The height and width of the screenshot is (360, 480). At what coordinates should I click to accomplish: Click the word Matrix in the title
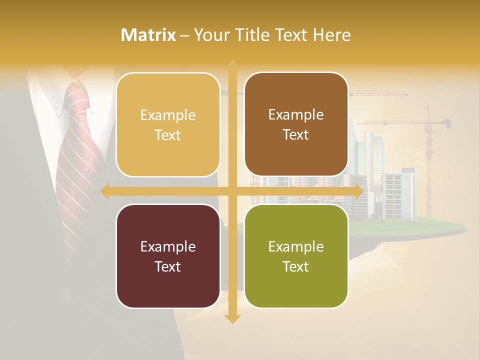(148, 34)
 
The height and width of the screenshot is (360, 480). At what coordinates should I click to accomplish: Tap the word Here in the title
(331, 34)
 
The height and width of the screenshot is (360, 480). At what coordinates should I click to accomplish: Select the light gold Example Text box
(168, 124)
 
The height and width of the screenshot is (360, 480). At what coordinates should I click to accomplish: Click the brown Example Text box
(296, 124)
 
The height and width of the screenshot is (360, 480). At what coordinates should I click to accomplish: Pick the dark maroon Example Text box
(168, 256)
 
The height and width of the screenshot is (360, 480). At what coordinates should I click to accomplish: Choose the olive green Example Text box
(296, 256)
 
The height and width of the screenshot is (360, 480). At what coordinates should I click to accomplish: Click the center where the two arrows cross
(232, 191)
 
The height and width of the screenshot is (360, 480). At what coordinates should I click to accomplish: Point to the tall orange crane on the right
(428, 150)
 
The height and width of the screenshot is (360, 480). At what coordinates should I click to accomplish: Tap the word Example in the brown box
(296, 114)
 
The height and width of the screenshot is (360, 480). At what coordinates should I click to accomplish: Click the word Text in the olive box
(296, 266)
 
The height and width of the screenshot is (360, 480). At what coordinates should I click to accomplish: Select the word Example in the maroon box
(168, 246)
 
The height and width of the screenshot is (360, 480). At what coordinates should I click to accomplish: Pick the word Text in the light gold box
(168, 135)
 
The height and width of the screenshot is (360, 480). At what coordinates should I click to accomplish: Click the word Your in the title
(209, 34)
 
